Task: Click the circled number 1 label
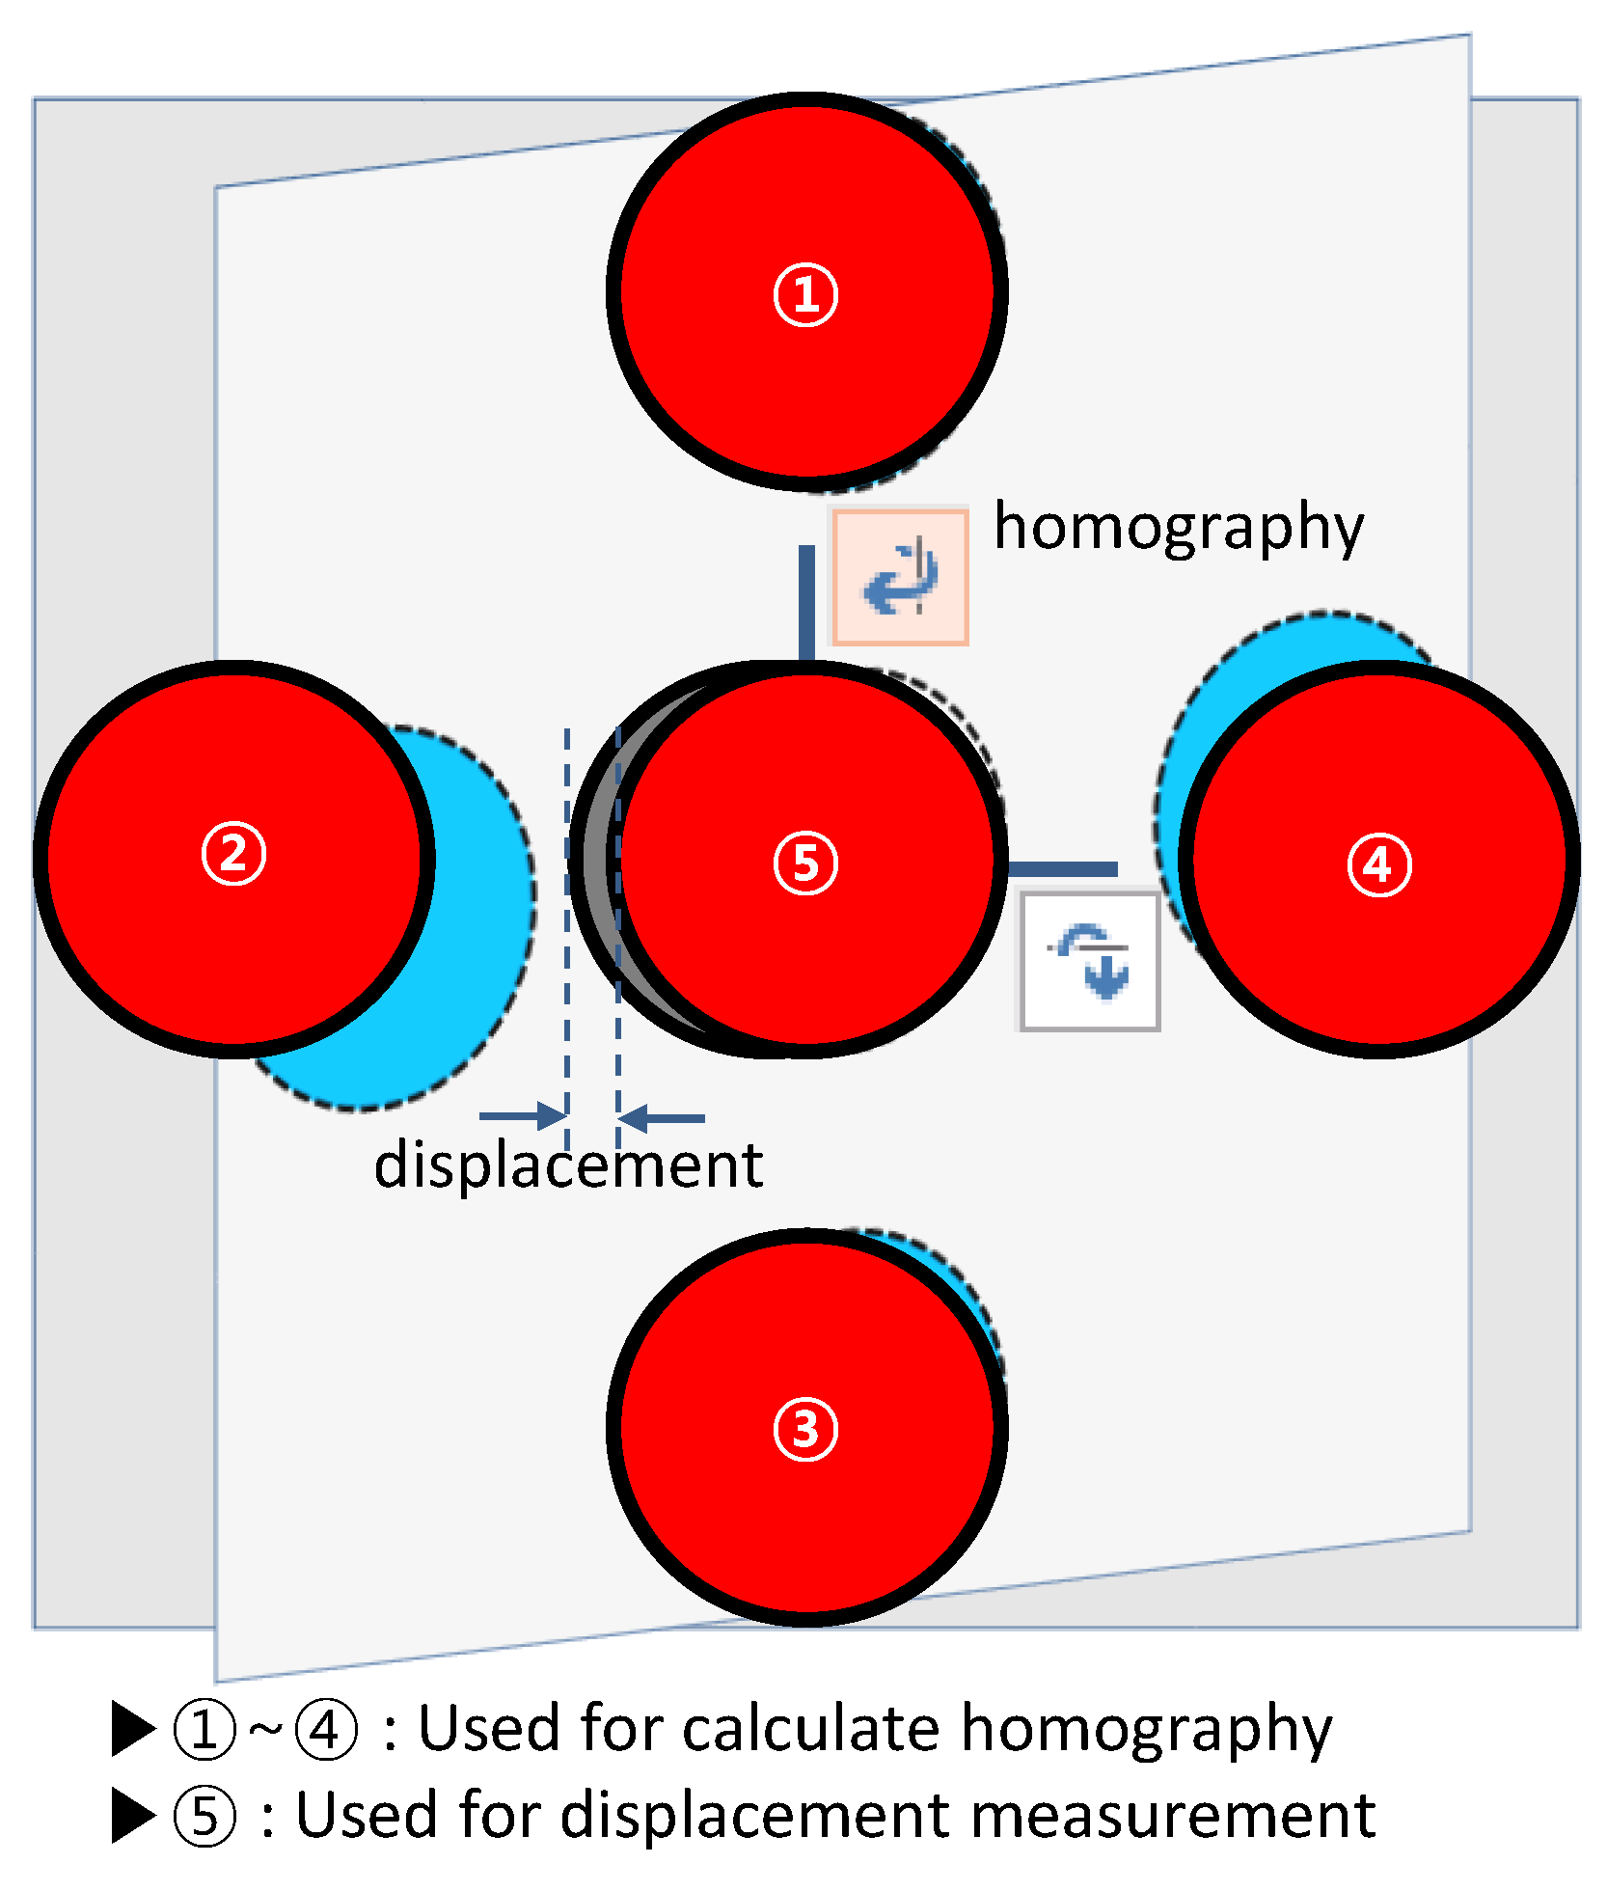(805, 295)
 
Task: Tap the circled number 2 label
(233, 853)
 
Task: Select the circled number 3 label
(805, 1430)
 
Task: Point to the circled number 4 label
(1379, 864)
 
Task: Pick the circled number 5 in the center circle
(805, 863)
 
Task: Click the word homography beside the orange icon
(1179, 529)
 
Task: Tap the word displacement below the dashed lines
(568, 1165)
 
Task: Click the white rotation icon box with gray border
(1090, 961)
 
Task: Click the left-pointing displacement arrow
(663, 1118)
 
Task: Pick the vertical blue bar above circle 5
(806, 603)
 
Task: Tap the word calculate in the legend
(810, 1730)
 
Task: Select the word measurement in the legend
(1172, 1816)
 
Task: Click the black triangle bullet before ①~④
(133, 1729)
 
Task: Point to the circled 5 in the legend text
(204, 1817)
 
